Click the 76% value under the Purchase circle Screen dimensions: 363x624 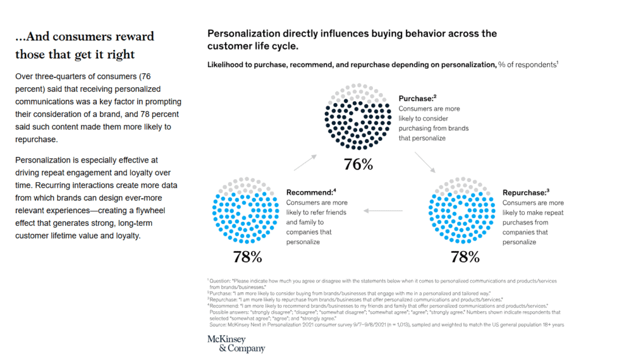(358, 165)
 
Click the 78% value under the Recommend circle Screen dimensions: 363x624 (247, 256)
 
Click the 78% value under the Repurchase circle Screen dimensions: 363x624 (465, 256)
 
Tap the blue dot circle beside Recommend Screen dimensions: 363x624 (246, 210)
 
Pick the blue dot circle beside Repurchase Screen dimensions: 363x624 (464, 210)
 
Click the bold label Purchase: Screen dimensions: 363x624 (417, 98)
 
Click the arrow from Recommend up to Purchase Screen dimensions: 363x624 (305, 162)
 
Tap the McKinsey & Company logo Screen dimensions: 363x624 (242, 344)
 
